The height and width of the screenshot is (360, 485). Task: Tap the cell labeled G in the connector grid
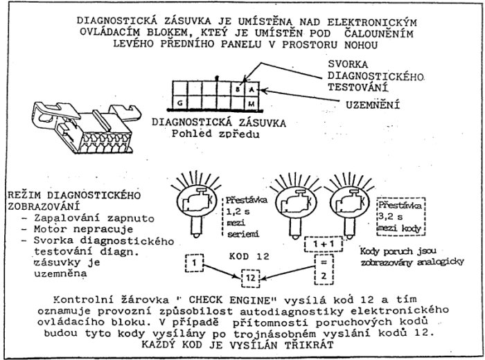click(x=181, y=102)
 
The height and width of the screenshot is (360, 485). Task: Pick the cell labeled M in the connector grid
click(x=252, y=102)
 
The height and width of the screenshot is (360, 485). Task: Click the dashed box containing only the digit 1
click(x=196, y=263)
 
